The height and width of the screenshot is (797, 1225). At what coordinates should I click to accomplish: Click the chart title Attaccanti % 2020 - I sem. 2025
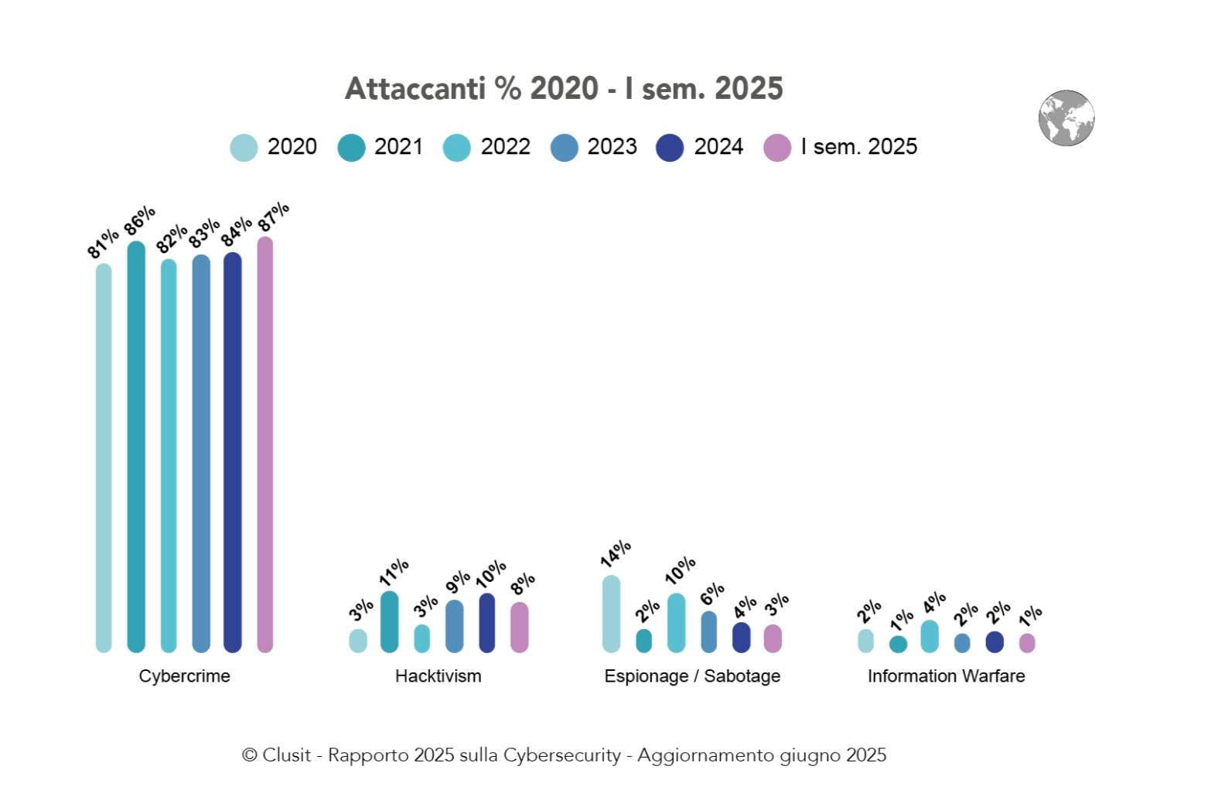(x=564, y=89)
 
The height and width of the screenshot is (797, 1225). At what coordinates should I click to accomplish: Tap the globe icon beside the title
(x=1066, y=118)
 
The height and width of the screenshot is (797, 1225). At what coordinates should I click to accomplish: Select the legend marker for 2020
(x=244, y=148)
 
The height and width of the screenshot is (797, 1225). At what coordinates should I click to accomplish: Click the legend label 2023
(x=612, y=147)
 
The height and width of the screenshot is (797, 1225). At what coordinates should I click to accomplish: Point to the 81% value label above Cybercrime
(x=102, y=243)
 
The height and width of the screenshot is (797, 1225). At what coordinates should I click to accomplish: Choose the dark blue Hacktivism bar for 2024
(x=487, y=623)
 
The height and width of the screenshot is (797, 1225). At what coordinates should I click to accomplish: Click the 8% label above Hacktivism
(x=523, y=584)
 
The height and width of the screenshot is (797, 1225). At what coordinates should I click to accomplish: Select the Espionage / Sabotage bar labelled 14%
(x=611, y=614)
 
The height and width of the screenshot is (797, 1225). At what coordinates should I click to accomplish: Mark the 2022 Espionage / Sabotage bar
(x=677, y=623)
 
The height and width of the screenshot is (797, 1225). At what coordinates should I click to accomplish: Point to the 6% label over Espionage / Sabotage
(x=712, y=593)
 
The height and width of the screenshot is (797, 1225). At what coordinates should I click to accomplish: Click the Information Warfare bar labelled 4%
(x=930, y=636)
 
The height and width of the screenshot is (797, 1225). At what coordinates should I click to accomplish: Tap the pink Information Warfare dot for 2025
(x=1027, y=643)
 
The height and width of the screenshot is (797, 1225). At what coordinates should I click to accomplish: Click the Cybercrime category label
(x=184, y=676)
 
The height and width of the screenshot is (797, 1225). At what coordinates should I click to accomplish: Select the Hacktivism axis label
(x=438, y=676)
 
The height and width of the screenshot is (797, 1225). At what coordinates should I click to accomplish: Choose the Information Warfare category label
(x=946, y=676)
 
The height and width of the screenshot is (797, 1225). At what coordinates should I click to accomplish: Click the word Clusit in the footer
(x=286, y=755)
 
